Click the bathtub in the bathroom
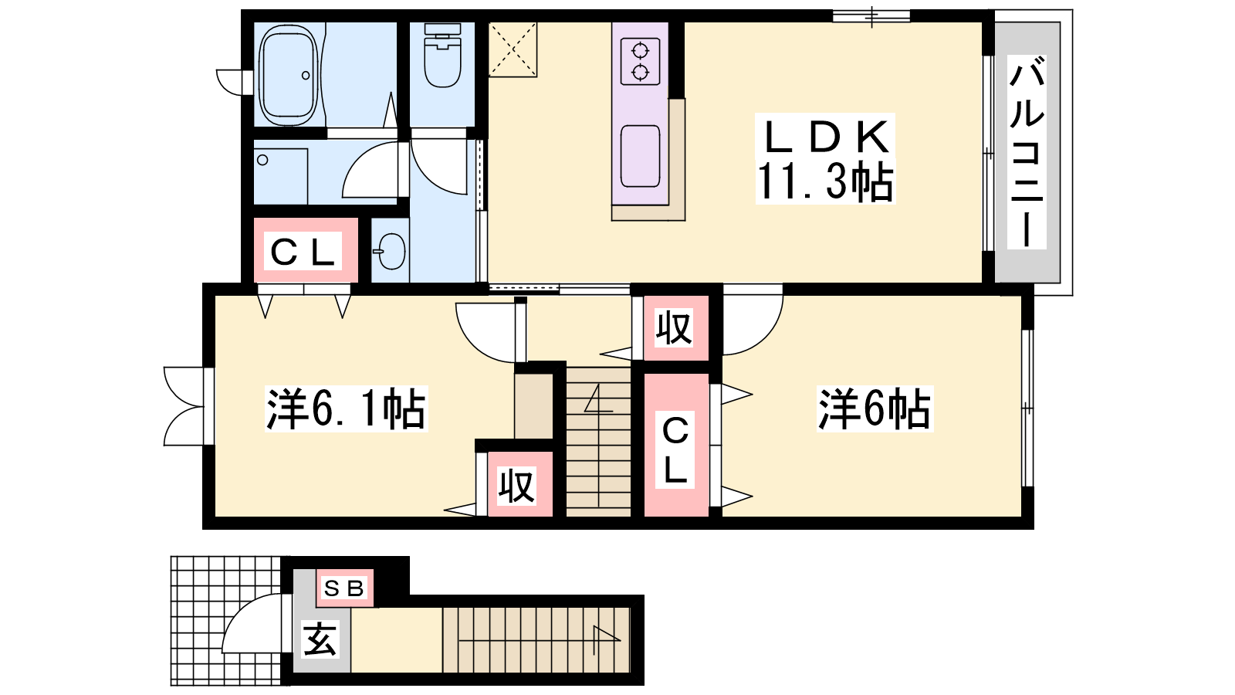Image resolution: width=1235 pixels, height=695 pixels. [x=289, y=74]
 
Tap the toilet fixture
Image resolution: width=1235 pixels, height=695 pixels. [x=442, y=55]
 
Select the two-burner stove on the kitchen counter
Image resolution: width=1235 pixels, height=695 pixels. [x=640, y=61]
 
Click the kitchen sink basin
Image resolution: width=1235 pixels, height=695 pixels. [x=640, y=156]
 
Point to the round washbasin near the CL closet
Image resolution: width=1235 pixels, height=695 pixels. [x=391, y=252]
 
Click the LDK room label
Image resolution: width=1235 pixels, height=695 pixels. [x=825, y=136]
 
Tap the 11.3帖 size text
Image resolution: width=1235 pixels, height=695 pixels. [x=825, y=181]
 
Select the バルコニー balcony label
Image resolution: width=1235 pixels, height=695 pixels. [x=1027, y=152]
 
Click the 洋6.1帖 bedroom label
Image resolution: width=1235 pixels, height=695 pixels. [x=347, y=409]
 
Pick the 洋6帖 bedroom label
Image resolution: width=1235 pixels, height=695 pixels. [x=875, y=409]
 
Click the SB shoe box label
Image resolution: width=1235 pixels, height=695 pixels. [x=344, y=588]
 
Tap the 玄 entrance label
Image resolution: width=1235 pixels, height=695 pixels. [x=320, y=639]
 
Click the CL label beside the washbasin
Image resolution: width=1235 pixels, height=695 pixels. [x=303, y=252]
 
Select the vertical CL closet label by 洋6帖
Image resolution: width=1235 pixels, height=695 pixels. [x=675, y=451]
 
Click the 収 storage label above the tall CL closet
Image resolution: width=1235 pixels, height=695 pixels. [x=674, y=328]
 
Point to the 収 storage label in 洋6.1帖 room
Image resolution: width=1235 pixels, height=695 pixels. [x=516, y=486]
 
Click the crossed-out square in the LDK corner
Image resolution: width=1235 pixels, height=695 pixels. [x=513, y=49]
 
